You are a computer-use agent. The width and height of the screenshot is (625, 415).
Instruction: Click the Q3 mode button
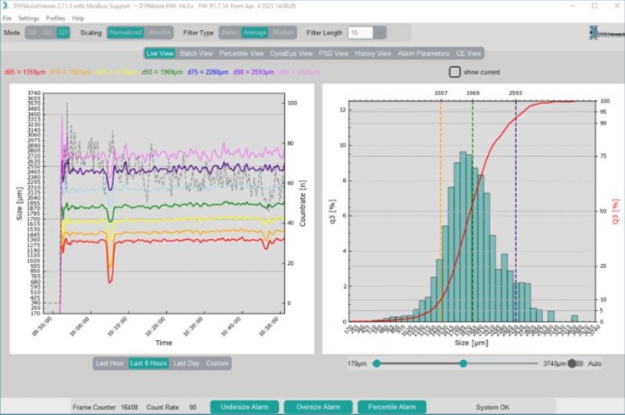(63, 33)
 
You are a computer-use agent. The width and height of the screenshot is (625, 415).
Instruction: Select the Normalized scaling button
(125, 33)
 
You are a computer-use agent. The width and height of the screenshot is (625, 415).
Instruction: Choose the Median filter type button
(283, 33)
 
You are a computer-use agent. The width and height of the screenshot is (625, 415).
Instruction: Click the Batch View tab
(196, 54)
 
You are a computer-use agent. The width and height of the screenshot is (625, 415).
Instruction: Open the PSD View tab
(333, 54)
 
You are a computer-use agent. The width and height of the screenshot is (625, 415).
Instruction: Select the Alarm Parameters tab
(424, 54)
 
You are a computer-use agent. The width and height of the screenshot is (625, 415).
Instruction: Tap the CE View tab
(469, 54)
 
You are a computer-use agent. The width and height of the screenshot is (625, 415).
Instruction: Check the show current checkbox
(455, 72)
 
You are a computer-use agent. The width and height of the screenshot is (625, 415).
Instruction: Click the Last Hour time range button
(110, 363)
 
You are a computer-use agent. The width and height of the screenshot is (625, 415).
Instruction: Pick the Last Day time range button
(186, 363)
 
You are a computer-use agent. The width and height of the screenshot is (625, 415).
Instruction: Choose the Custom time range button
(217, 363)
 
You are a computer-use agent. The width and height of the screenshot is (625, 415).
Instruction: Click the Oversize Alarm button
(318, 407)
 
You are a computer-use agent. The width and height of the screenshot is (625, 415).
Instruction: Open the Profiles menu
(55, 18)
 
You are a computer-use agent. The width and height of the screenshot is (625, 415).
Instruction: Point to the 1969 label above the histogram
(473, 93)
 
